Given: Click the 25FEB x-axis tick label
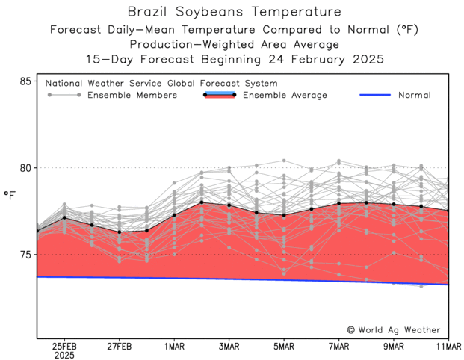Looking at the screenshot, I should [64, 346].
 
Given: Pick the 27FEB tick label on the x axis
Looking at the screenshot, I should [119, 346].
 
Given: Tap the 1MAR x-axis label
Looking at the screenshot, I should [174, 346].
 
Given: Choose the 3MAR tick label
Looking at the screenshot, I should [229, 346].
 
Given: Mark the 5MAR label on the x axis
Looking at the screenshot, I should [284, 346].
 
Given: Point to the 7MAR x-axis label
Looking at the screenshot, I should [338, 346].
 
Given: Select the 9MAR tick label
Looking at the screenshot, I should [394, 346].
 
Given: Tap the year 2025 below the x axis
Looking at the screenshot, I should [64, 356].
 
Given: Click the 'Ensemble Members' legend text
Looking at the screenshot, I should [132, 95].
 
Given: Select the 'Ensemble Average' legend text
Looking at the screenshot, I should [285, 95].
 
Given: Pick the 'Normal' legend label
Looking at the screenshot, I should [414, 95].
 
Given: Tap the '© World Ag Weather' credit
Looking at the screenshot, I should [394, 329].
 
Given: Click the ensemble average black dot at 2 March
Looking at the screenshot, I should [202, 202].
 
